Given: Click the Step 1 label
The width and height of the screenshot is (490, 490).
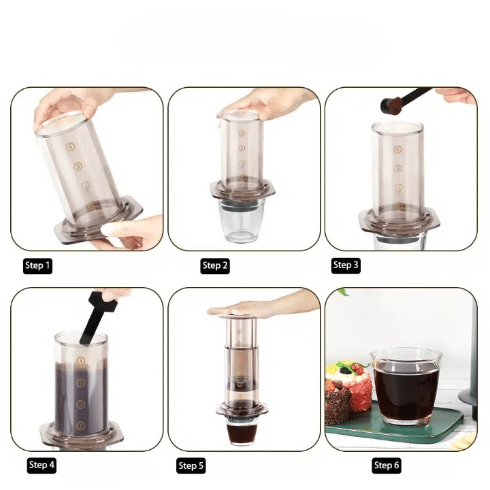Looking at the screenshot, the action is click(x=37, y=266).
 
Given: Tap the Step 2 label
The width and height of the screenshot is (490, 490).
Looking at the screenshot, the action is click(x=214, y=266).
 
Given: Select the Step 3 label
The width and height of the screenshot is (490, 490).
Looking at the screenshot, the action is click(x=346, y=265).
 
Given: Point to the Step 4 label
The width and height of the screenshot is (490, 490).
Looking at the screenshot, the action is click(x=42, y=465).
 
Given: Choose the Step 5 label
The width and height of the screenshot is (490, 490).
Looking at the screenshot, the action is click(x=191, y=466).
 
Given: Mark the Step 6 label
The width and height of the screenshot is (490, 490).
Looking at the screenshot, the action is click(x=387, y=465).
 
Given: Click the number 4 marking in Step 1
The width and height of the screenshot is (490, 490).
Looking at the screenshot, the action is click(x=71, y=146).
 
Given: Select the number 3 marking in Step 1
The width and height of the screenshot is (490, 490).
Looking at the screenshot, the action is click(x=78, y=166).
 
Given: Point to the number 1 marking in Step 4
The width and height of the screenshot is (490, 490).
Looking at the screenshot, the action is click(x=80, y=425).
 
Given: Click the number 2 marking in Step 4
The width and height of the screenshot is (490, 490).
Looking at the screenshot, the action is click(x=81, y=404).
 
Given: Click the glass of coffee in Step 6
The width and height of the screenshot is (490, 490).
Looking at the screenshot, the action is click(x=407, y=387).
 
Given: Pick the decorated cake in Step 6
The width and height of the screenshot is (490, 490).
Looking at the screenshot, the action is click(x=348, y=391).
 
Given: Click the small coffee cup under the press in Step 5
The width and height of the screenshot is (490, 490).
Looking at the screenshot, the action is click(x=242, y=431).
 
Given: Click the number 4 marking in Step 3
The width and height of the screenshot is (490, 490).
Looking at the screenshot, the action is click(x=397, y=150).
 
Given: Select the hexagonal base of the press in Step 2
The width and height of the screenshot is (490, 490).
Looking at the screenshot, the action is click(x=242, y=191).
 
